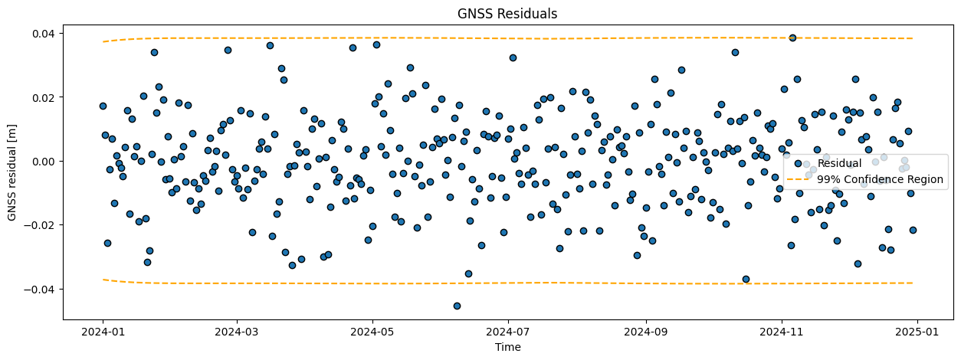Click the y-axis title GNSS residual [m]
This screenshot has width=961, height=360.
(13, 172)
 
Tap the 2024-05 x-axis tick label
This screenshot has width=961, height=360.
(372, 332)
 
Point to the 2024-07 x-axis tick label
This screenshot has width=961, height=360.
(507, 332)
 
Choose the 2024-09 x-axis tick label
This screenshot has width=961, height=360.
(646, 332)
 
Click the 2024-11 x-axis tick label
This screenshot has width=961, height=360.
(782, 332)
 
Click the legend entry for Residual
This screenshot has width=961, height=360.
(839, 163)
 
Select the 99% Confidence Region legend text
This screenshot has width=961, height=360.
(880, 180)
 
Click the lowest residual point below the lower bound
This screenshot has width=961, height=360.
(457, 306)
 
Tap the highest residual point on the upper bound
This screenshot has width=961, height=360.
(792, 38)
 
